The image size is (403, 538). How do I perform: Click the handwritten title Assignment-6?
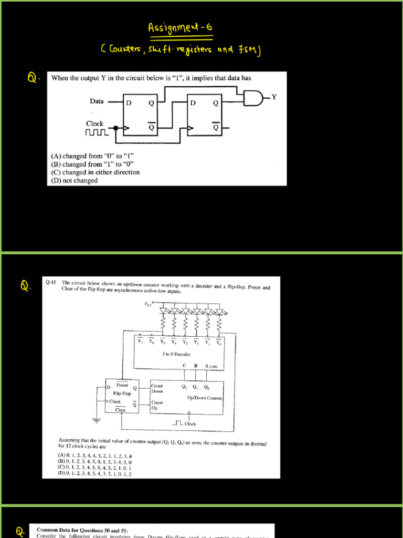coord(182,27)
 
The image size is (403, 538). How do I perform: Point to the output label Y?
coord(273,97)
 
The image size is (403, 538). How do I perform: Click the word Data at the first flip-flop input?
coord(97,101)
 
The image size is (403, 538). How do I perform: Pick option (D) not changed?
coord(74,180)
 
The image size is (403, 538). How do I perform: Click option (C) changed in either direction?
coord(95,172)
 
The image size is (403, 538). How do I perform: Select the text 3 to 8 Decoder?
coord(176,354)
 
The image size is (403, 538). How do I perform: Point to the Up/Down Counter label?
coord(205,398)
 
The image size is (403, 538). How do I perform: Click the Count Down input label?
coord(157,388)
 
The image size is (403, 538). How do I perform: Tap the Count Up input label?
coord(157,405)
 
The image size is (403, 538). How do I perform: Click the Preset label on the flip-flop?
coord(122,385)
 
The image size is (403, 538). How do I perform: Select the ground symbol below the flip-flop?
coord(96,420)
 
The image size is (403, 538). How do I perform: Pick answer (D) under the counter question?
coord(94,473)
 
